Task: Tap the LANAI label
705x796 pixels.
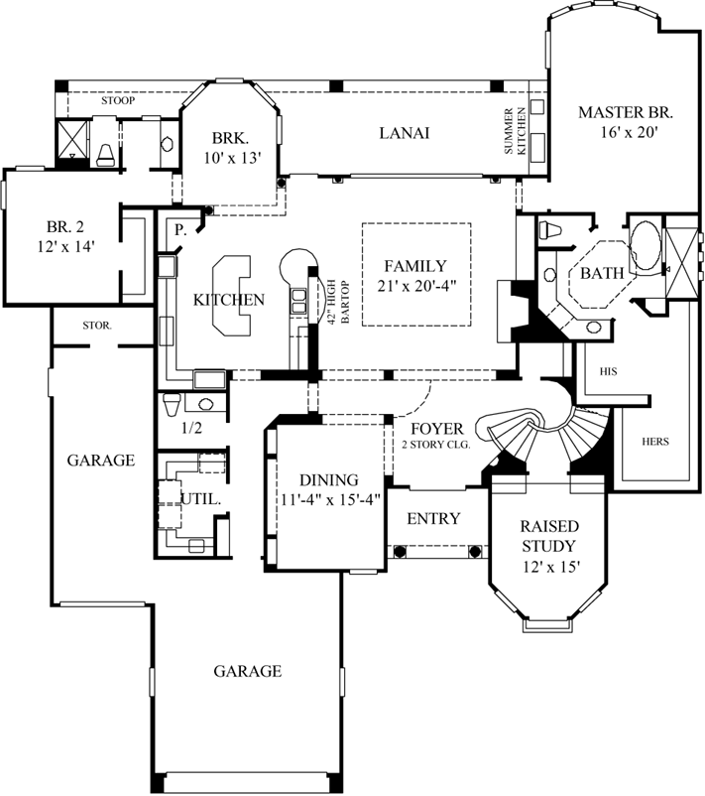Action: pos(404,134)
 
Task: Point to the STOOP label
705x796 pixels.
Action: pos(118,101)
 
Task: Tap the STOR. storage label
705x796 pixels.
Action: pos(96,325)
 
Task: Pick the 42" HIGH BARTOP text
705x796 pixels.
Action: pos(332,302)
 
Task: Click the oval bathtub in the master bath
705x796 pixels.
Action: pos(644,245)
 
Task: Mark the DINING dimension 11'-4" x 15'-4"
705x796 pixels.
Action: pos(329,499)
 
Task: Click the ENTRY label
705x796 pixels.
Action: pos(433,518)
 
